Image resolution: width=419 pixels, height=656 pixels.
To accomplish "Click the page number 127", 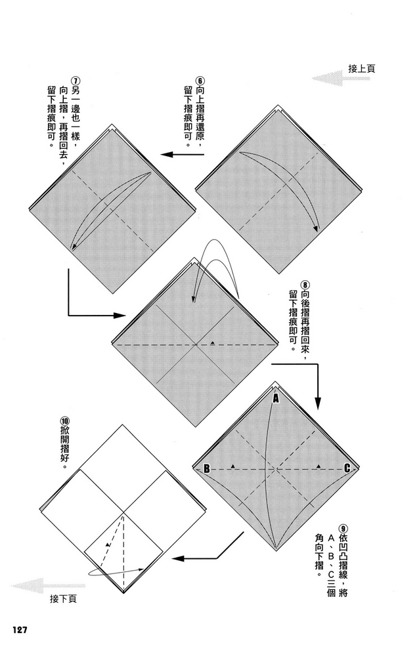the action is click(20, 618).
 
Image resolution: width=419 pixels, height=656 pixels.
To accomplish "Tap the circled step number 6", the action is click(200, 80).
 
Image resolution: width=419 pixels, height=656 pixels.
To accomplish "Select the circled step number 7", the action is click(76, 80).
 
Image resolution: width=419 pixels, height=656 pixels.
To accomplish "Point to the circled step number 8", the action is click(305, 285).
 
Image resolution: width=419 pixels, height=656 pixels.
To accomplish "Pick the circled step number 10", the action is click(65, 421).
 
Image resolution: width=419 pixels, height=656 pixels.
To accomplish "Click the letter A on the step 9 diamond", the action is click(276, 399).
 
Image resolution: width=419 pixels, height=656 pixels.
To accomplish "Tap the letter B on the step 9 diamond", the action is click(207, 468).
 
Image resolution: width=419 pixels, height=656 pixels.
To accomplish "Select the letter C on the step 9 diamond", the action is click(347, 468).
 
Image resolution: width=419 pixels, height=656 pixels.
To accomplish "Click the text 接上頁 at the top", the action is click(362, 69).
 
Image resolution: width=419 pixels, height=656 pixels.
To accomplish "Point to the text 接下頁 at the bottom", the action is click(63, 599).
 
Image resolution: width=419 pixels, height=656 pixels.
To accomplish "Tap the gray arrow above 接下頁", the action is click(49, 586).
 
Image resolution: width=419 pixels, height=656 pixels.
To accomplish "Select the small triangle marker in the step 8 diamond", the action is click(212, 342).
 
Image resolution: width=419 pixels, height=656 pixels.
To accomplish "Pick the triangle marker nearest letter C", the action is click(319, 466).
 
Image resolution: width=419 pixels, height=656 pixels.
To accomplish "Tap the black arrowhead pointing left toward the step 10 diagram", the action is click(178, 558).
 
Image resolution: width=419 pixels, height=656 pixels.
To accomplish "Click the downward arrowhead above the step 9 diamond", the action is click(318, 403).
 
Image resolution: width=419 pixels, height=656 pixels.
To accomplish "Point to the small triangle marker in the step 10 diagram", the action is click(108, 544).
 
